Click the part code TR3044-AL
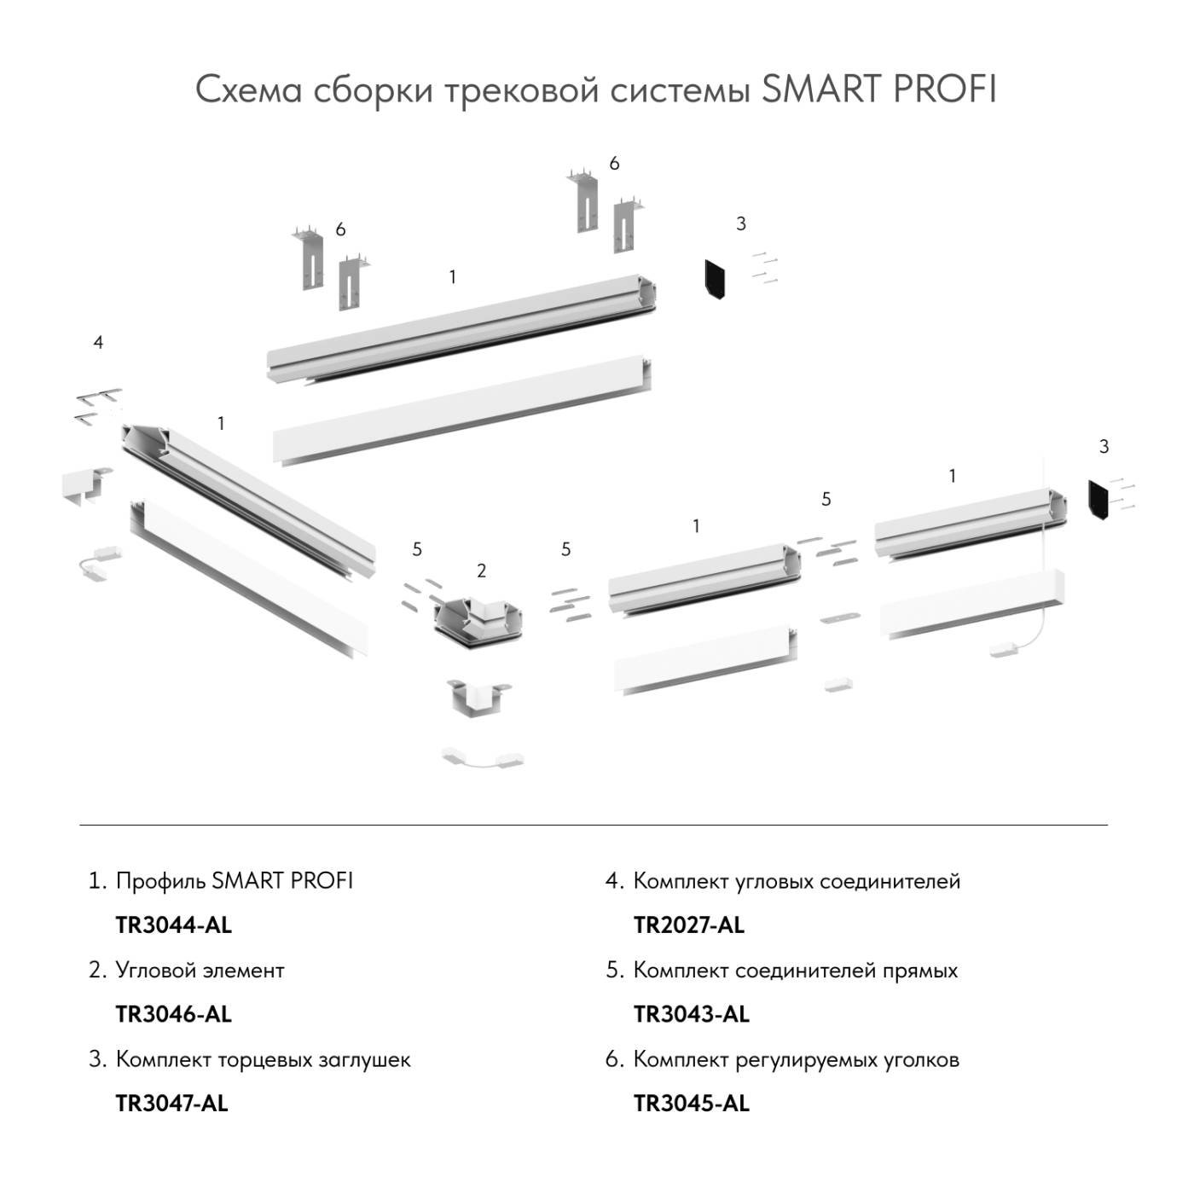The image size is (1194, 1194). point(173,924)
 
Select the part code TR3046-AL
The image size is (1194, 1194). point(173,1014)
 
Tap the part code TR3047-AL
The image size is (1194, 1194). point(171,1103)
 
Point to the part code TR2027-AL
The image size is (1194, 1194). point(689,924)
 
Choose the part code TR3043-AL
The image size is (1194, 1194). point(692,1014)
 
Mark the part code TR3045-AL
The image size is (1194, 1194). point(692,1103)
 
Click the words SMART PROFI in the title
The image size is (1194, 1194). point(878,90)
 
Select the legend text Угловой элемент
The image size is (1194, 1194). point(200,970)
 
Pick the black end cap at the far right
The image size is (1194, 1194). point(1098,500)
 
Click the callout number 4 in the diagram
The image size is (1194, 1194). point(98,342)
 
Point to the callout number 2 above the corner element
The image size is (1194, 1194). point(482,571)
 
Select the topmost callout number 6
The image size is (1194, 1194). point(614,163)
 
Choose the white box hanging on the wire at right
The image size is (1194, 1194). point(1009,650)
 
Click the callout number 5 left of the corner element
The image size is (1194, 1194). point(417,549)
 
